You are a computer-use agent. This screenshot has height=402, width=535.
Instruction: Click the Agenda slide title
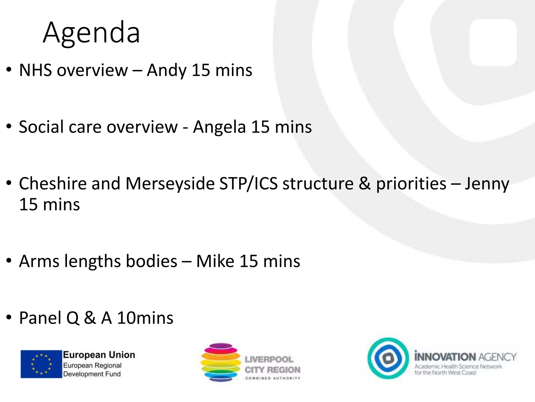click(x=91, y=33)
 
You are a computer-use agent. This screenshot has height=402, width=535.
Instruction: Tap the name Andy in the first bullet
click(x=167, y=70)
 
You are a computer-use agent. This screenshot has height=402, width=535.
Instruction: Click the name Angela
click(x=219, y=127)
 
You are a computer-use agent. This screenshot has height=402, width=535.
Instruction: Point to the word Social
click(x=41, y=127)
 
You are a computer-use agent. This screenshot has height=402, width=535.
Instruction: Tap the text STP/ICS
click(x=248, y=183)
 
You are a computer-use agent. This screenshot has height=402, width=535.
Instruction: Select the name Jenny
click(x=487, y=184)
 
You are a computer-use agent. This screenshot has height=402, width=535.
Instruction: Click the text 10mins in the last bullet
click(x=145, y=318)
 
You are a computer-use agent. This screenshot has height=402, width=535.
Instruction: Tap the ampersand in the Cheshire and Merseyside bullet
click(x=365, y=183)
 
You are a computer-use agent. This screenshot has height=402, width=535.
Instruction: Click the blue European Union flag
click(x=41, y=364)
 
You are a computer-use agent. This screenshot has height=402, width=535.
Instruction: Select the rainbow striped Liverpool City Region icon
click(x=220, y=362)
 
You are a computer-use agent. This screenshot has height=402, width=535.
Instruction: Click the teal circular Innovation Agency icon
click(x=388, y=358)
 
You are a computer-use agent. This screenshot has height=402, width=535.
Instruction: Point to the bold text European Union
click(x=99, y=355)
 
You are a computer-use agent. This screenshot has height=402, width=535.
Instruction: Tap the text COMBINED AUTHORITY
click(x=273, y=378)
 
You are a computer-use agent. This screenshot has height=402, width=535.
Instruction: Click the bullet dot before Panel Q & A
click(x=9, y=317)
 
